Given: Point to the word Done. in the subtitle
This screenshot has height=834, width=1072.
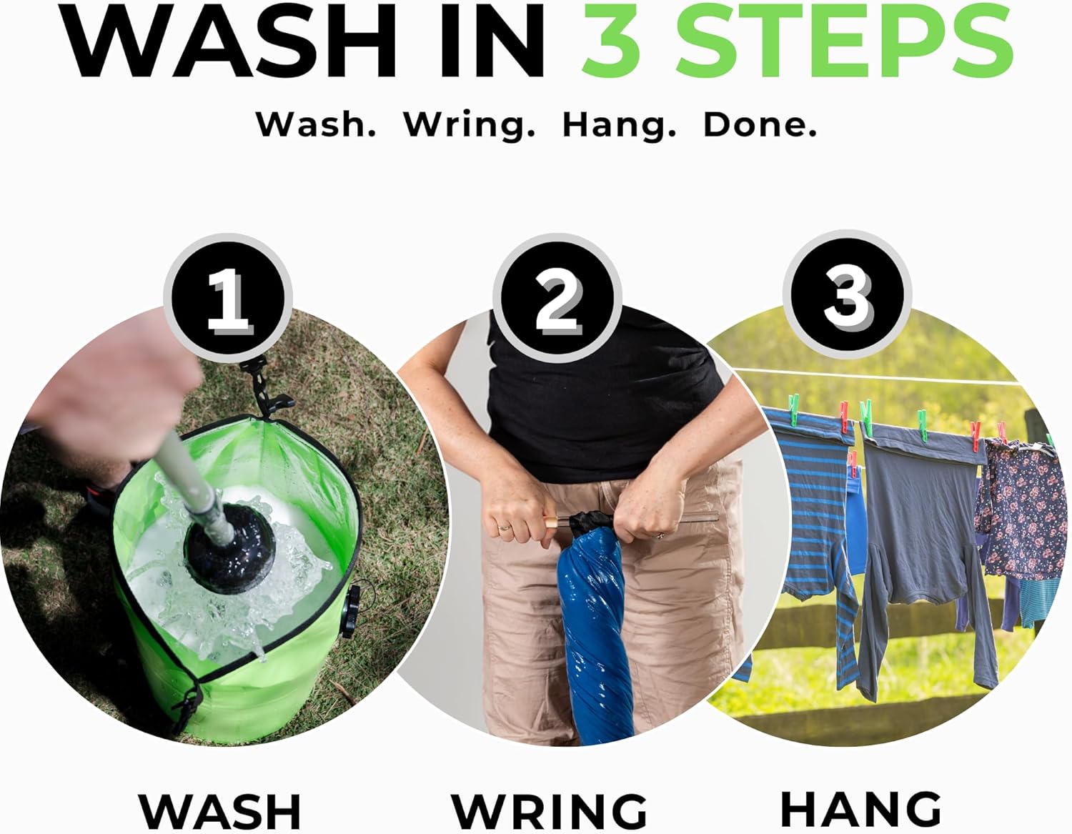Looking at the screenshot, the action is (760, 124).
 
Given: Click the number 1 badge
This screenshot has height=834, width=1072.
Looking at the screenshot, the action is (228, 298).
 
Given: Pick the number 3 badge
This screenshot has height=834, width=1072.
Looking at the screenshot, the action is (847, 294).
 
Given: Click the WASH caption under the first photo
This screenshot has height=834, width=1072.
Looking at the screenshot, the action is (220, 811).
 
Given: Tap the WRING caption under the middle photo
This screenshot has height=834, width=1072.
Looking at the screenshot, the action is (550, 811).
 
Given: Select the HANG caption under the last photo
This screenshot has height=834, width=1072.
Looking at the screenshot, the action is (861, 808).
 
